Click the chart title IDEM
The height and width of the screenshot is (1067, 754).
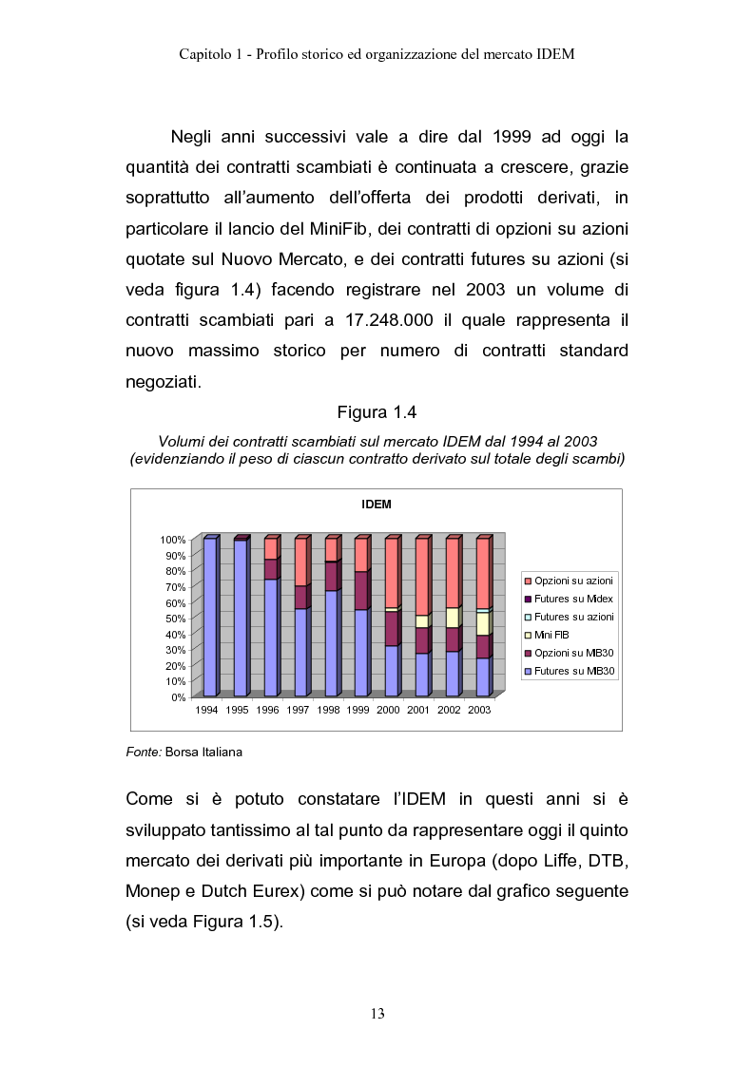(377, 505)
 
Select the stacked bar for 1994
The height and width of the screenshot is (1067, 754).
(209, 617)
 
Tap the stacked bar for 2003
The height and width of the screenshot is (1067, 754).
(482, 617)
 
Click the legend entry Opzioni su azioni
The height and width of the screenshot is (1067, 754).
(574, 581)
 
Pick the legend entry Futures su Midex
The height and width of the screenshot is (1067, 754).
(573, 599)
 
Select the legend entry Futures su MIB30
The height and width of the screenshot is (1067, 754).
(574, 671)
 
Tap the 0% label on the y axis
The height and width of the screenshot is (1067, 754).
(178, 696)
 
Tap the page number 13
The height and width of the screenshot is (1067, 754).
(377, 1014)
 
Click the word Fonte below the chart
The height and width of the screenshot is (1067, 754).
(143, 753)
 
